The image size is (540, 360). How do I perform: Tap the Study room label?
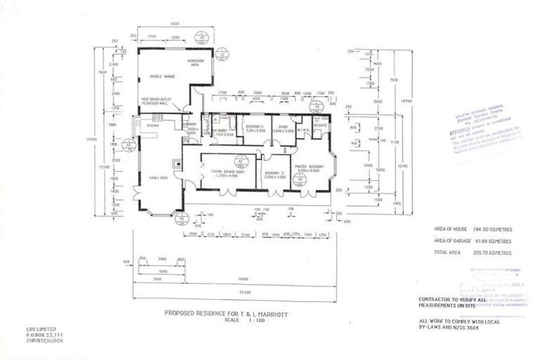(284, 127)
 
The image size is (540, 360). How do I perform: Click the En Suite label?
(321, 125)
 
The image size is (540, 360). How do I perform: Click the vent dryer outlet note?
(162, 101)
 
